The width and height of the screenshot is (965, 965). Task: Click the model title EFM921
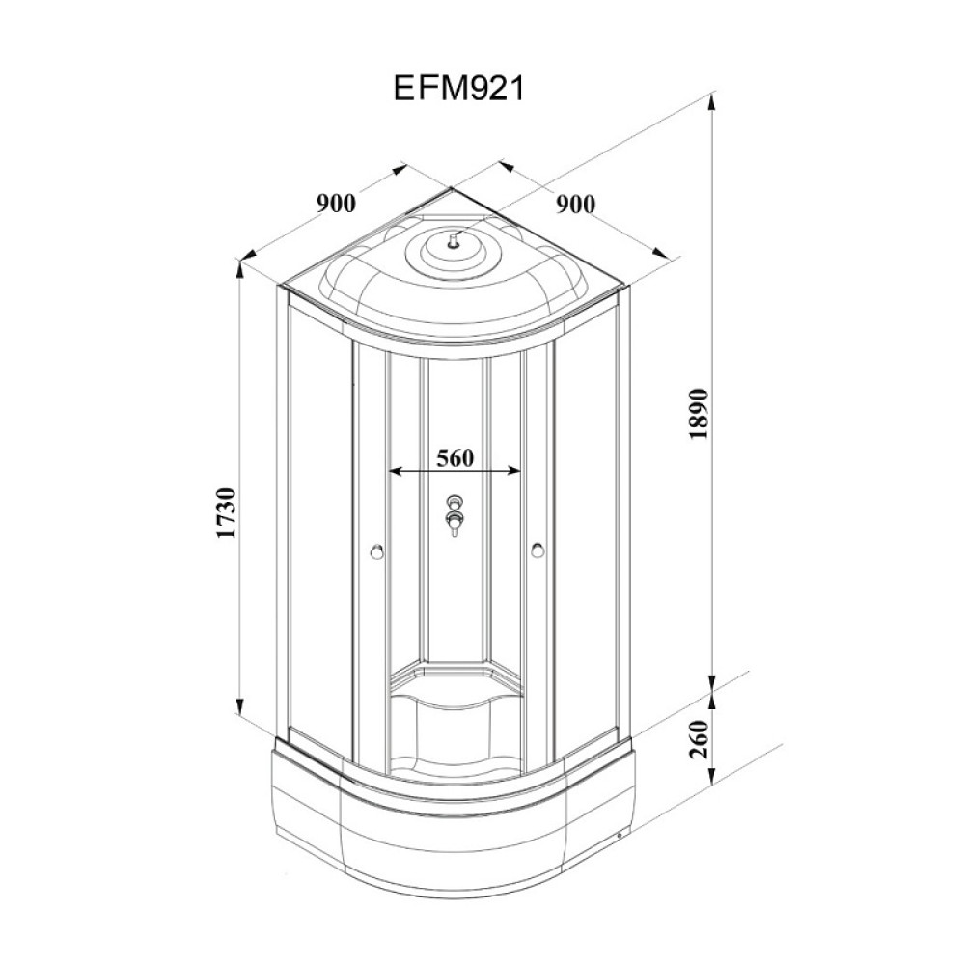[458, 89]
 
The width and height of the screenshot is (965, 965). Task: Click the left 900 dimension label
[336, 203]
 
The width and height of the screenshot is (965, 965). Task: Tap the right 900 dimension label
[575, 205]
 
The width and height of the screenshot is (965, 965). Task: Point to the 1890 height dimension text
[701, 414]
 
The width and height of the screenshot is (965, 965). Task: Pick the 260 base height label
[701, 739]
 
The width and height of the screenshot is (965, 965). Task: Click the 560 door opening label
[455, 457]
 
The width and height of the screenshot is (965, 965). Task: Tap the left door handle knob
[376, 552]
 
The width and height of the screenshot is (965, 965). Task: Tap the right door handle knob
[538, 550]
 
